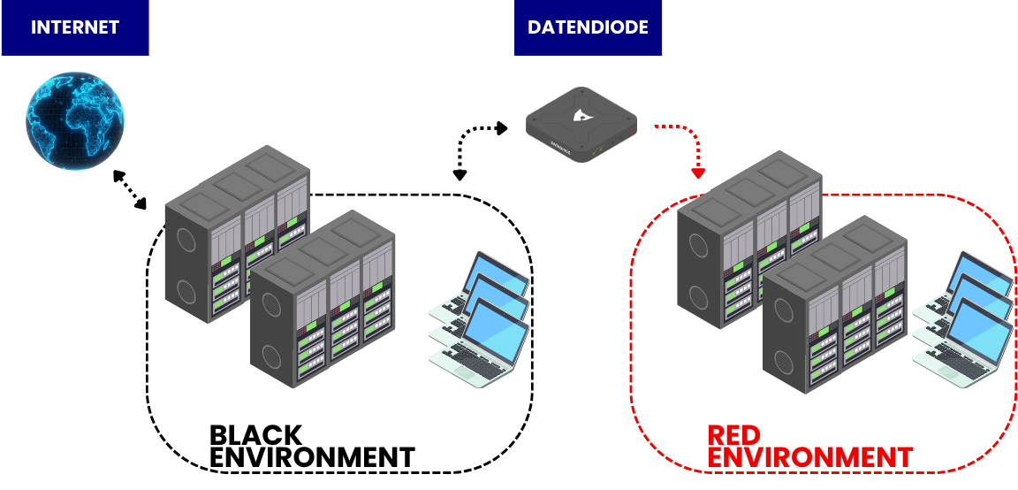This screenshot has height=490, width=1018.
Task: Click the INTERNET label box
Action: pyautogui.click(x=74, y=27)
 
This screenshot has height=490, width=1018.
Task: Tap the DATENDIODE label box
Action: pyautogui.click(x=588, y=27)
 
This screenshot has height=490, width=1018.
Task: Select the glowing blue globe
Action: pyautogui.click(x=74, y=121)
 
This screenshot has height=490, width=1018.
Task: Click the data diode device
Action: pyautogui.click(x=581, y=126)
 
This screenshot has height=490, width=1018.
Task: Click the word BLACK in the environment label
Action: pyautogui.click(x=255, y=435)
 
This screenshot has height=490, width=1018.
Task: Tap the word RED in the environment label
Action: pyautogui.click(x=735, y=436)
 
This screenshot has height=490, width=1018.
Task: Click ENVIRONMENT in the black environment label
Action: pyautogui.click(x=312, y=457)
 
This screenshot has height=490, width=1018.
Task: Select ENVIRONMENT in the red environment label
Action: pyautogui.click(x=809, y=457)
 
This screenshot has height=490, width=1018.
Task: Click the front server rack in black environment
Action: pyautogui.click(x=323, y=301)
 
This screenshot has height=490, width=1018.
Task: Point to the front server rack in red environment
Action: pyautogui.click(x=835, y=305)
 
